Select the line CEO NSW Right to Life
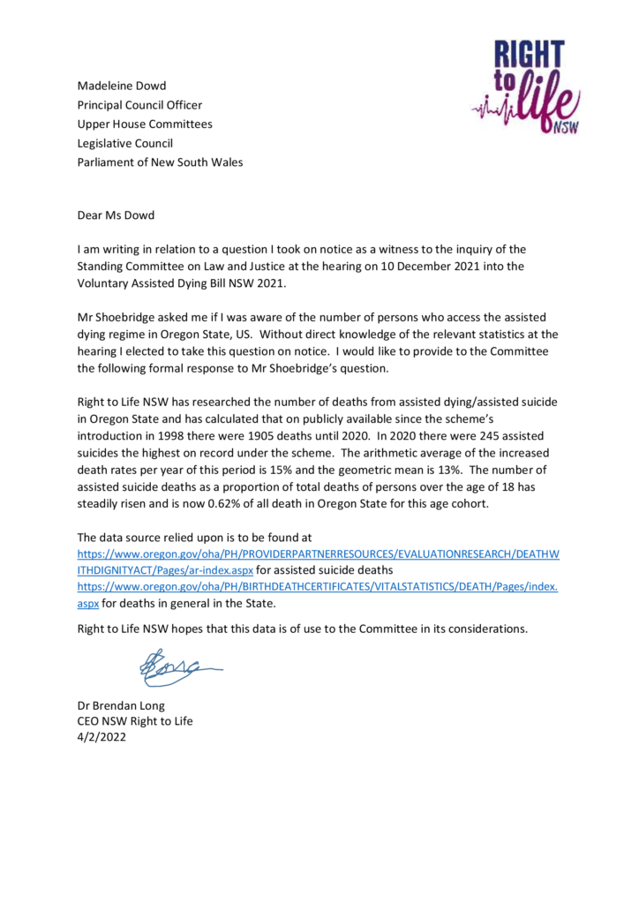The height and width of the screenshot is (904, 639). pos(135,720)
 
